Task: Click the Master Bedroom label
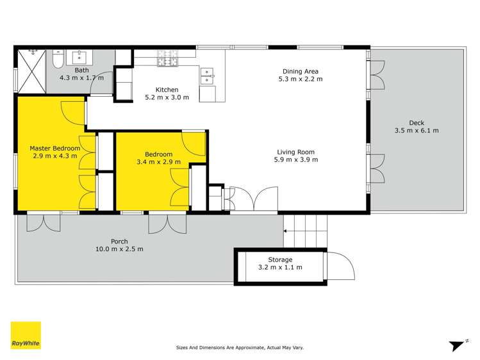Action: pyautogui.click(x=55, y=149)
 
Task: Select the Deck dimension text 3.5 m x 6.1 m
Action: pyautogui.click(x=417, y=131)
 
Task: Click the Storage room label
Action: pyautogui.click(x=280, y=260)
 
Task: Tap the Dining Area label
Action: pyautogui.click(x=300, y=72)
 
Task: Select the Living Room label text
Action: pyautogui.click(x=295, y=152)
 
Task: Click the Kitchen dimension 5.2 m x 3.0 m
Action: pyautogui.click(x=167, y=98)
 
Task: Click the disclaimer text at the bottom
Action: pyautogui.click(x=240, y=348)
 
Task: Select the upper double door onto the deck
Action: pyautogui.click(x=377, y=74)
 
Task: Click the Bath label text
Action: pyautogui.click(x=81, y=70)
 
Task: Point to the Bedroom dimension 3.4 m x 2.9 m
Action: pyautogui.click(x=158, y=162)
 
